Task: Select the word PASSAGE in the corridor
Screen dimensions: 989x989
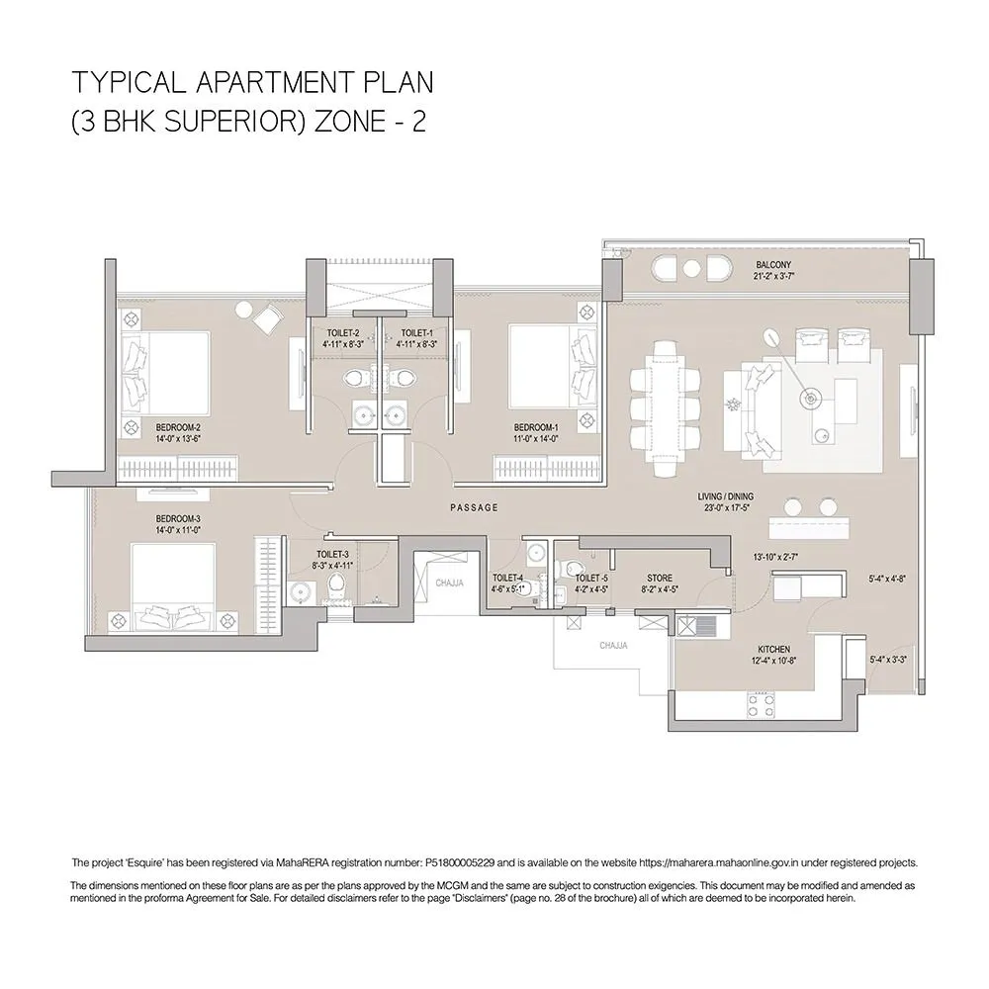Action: (474, 507)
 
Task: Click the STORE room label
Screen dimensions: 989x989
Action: (660, 578)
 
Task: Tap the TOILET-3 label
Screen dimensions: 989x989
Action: (332, 555)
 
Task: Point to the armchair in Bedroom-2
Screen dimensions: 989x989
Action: (265, 317)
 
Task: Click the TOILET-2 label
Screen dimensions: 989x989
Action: (342, 333)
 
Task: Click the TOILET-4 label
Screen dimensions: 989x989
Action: (507, 578)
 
